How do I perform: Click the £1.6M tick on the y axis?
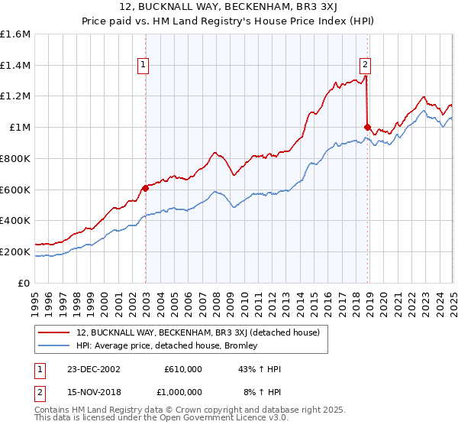(15, 34)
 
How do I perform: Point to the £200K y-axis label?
(15, 251)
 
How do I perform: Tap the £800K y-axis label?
(15, 158)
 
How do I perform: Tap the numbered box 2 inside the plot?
(366, 65)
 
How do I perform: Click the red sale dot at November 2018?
(367, 127)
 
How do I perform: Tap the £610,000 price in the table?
(183, 368)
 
